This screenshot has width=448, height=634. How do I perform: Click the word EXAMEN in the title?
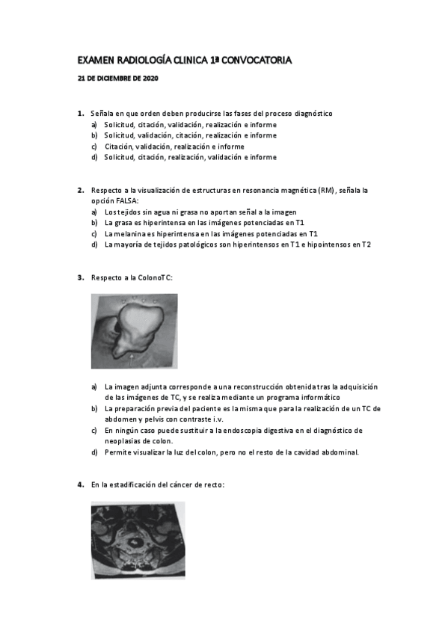tap(96, 59)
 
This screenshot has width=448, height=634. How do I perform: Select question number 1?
tap(80, 114)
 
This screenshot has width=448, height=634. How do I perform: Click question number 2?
tap(80, 191)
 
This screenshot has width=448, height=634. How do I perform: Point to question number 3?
tap(80, 278)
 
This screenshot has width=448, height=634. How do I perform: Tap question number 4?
tap(80, 485)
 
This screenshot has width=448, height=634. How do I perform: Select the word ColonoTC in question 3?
tap(154, 278)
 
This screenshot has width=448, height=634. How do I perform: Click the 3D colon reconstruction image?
tap(135, 330)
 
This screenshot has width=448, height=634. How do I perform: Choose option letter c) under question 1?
tap(94, 147)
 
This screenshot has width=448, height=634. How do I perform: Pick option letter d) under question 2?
tap(94, 244)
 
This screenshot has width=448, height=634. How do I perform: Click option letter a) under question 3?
tap(94, 387)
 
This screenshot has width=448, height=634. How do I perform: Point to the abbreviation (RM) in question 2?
tap(326, 191)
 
